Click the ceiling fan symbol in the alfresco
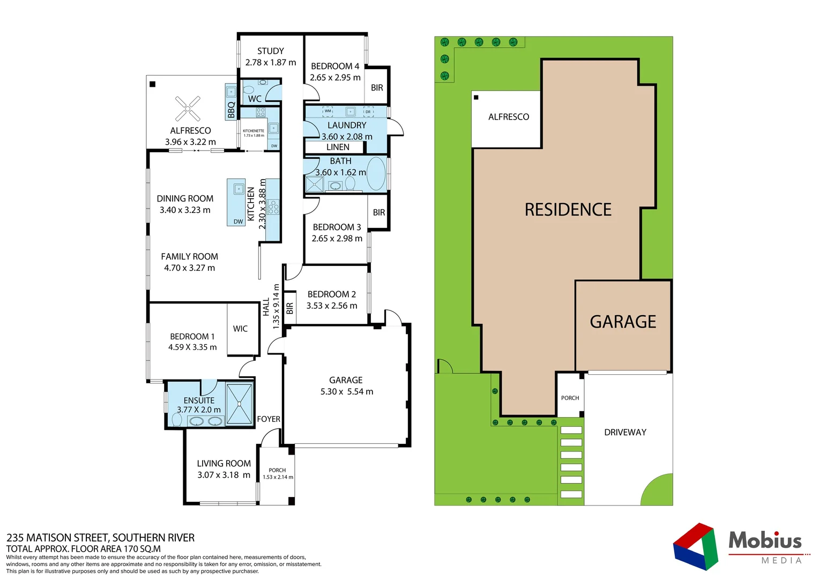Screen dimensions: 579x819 tap(188, 109)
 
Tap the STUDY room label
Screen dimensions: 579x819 tap(270, 51)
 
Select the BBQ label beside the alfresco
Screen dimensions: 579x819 tap(231, 109)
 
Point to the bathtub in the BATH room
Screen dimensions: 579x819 tap(376, 173)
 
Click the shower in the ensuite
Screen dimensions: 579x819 tap(239, 404)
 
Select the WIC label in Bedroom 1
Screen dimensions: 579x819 tap(240, 329)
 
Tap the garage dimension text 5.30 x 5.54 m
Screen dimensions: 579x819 tap(346, 392)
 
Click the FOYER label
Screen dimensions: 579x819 tap(269, 419)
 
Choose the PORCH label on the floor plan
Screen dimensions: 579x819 tap(277, 470)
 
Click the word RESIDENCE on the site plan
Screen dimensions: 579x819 tap(568, 210)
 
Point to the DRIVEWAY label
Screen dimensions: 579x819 tap(625, 432)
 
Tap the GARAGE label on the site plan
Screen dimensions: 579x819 tap(623, 322)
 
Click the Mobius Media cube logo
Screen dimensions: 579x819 tap(696, 546)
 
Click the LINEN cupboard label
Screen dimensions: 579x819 tap(338, 147)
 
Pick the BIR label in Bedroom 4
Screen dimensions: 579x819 tap(377, 87)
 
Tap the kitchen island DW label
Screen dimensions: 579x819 tap(238, 221)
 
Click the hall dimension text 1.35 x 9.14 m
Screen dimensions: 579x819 tap(276, 306)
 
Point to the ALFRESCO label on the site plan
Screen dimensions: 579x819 tap(508, 117)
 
